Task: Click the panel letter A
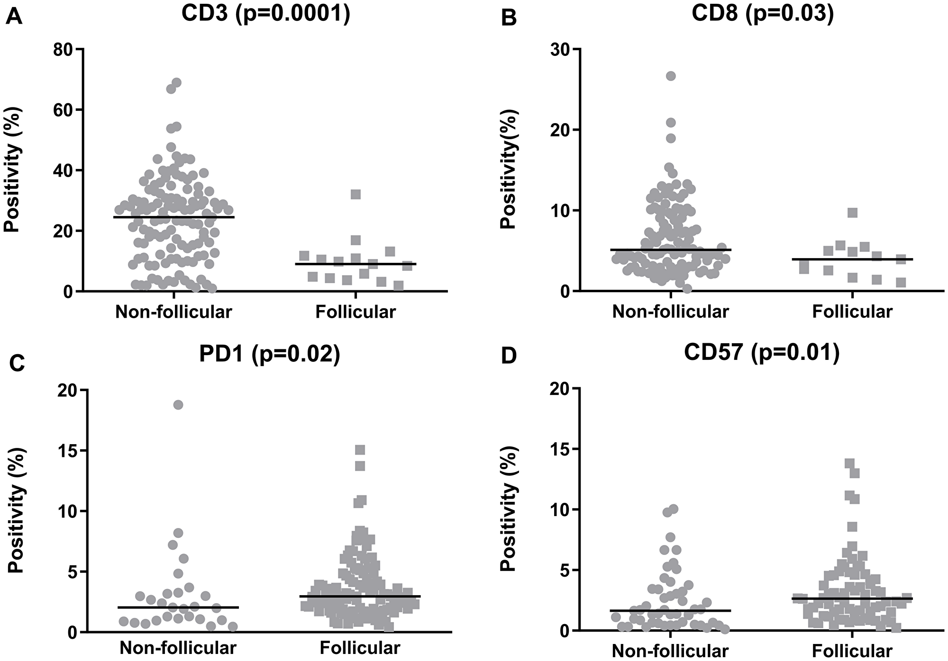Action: pyautogui.click(x=14, y=18)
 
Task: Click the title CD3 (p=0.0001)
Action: pyautogui.click(x=266, y=14)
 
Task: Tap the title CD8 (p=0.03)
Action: pyautogui.click(x=762, y=14)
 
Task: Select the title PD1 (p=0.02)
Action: pyautogui.click(x=269, y=355)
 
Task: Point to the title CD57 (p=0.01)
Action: pyautogui.click(x=762, y=353)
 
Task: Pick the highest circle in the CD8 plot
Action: pyautogui.click(x=671, y=76)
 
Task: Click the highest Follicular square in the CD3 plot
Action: pyautogui.click(x=355, y=195)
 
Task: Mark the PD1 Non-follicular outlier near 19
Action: pyautogui.click(x=178, y=405)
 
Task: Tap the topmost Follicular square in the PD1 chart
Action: pyautogui.click(x=360, y=449)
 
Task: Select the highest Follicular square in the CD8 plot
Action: pyautogui.click(x=852, y=213)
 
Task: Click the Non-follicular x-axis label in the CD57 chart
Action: pyautogui.click(x=670, y=651)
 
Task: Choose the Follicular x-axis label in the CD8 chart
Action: pyautogui.click(x=852, y=312)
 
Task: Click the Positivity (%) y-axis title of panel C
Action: pyautogui.click(x=16, y=511)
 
